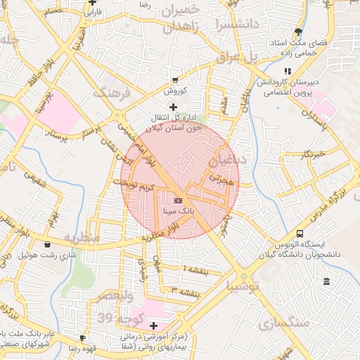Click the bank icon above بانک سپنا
pos(177,200)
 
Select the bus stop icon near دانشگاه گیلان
pos(301,233)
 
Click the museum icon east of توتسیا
pos(326,282)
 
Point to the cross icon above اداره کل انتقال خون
pos(174,107)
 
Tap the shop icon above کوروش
pos(175,80)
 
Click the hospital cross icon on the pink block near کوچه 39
pos(153,325)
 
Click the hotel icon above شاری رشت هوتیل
pos(47,244)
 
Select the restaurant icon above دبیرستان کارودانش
pos(287,71)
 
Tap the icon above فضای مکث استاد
pos(299,31)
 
